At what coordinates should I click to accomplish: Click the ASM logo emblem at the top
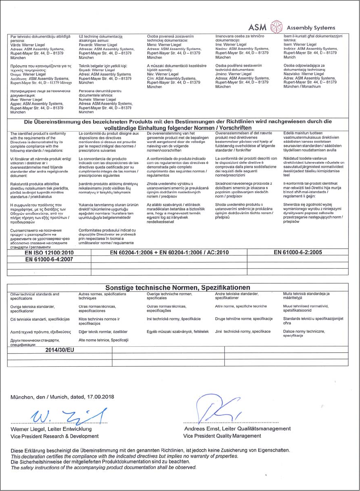276,27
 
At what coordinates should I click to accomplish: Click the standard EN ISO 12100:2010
50,252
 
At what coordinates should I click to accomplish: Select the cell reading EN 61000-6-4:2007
50,259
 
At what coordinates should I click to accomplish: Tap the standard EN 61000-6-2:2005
298,252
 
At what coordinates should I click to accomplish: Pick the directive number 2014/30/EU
60,350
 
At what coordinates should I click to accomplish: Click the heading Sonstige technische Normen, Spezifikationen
178,287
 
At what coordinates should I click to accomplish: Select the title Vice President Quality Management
222,436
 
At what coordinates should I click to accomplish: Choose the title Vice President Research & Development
55,436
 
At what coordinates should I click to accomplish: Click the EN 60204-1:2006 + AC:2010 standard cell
169,252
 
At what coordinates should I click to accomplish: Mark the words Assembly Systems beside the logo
311,27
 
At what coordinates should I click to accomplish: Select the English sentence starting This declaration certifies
124,457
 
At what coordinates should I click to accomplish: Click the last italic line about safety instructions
104,467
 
